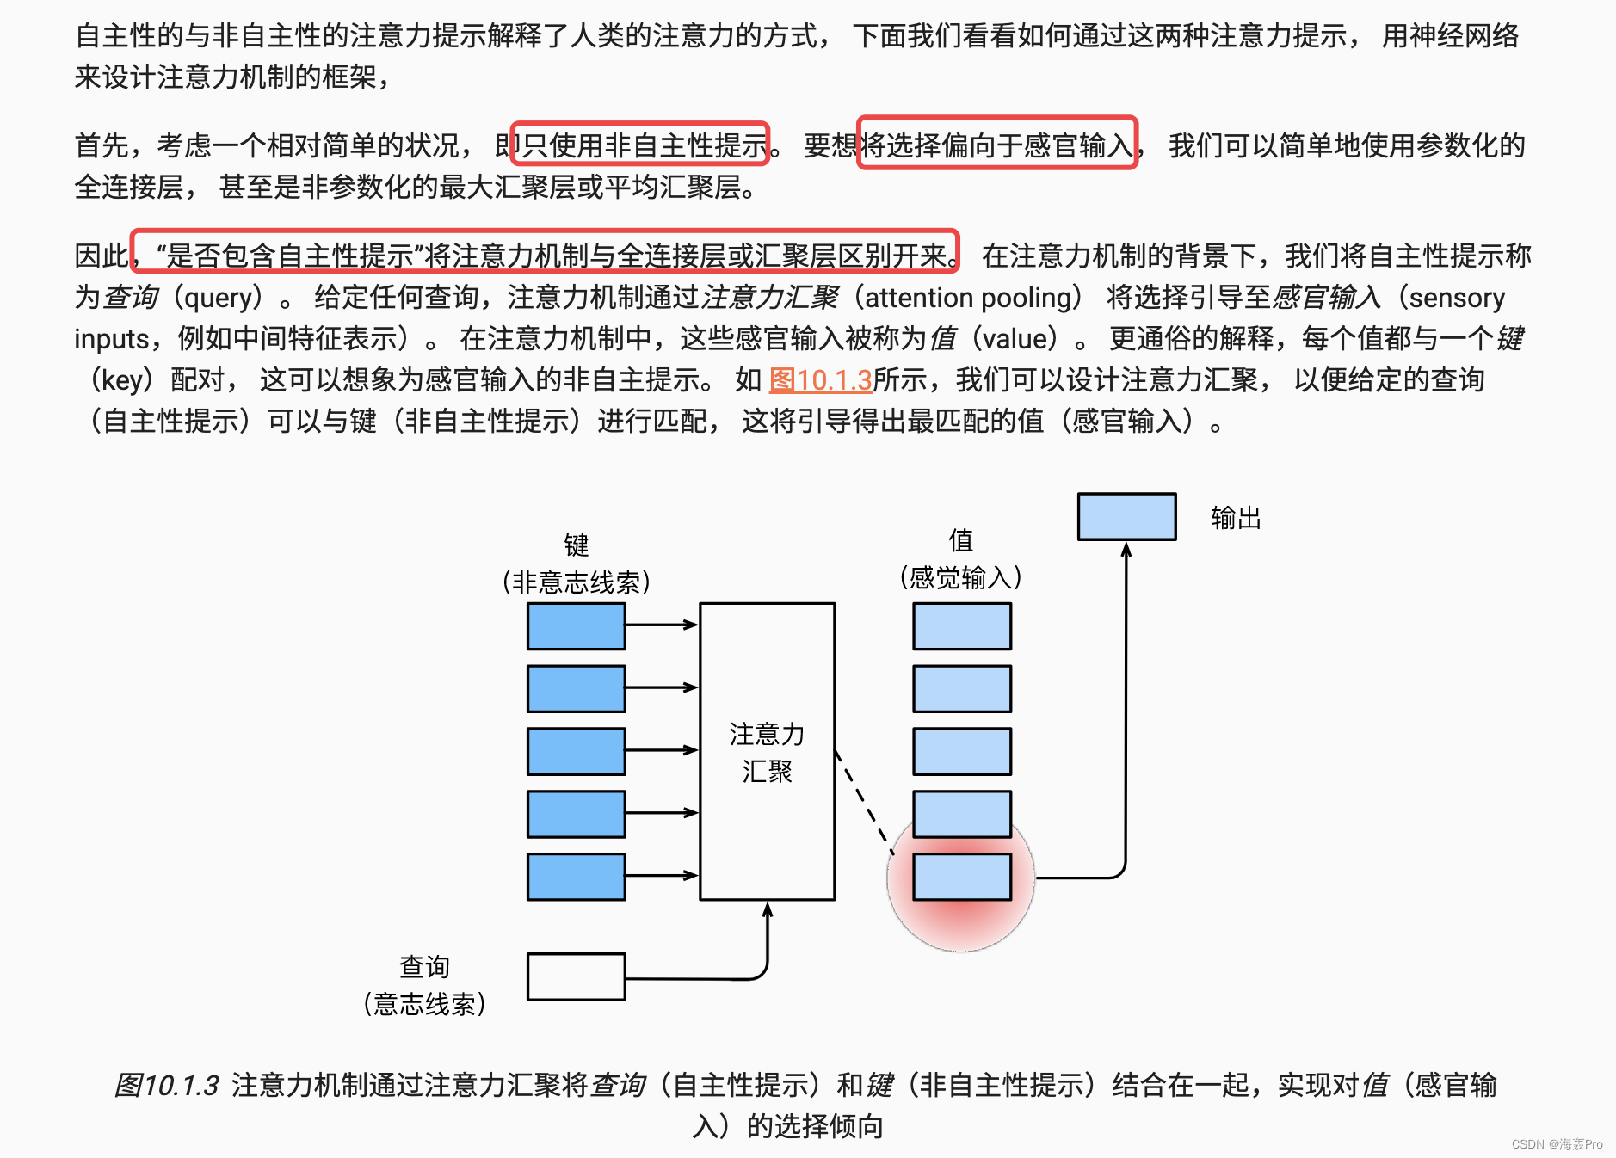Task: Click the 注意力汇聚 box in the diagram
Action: coord(767,751)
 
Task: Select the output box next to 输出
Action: coord(1126,517)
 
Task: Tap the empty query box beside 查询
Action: coord(576,976)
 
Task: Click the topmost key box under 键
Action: coord(576,626)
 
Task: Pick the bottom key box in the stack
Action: coord(576,877)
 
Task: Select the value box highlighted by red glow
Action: coord(962,877)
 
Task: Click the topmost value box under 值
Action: coord(962,626)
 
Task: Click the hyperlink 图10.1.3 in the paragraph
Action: coord(820,379)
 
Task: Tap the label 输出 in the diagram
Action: coord(1236,518)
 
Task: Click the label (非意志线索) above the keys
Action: coord(576,582)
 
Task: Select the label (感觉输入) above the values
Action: coord(960,577)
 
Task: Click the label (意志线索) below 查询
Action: coord(424,1003)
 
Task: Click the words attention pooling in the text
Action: coord(968,298)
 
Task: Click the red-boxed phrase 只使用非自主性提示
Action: coord(641,145)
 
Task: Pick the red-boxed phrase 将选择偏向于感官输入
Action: coord(998,145)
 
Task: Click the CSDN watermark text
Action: coord(1557,1144)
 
